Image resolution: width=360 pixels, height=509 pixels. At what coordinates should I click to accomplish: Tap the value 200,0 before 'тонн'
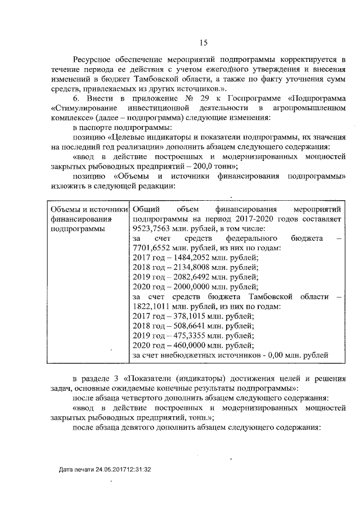click(205, 167)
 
